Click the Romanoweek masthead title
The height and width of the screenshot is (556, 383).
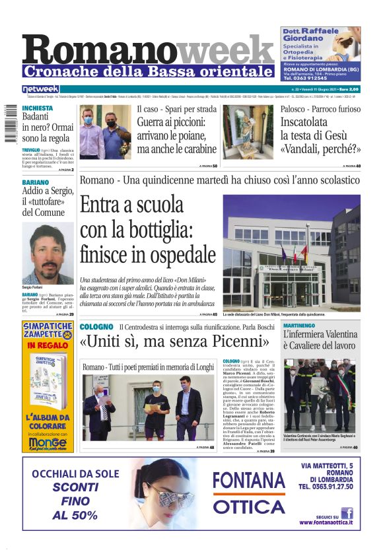148,49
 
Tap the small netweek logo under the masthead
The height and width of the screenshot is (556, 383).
41,89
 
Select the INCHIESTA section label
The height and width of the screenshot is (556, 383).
38,108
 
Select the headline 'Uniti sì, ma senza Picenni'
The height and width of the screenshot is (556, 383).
174,343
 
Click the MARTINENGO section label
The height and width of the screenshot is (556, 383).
303,326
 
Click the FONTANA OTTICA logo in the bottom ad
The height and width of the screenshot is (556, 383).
249,492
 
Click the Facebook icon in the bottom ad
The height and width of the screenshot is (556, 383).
347,512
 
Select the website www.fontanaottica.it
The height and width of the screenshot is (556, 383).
326,522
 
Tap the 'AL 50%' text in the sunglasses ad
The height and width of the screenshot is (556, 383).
75,515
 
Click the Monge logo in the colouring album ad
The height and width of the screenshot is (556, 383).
46,444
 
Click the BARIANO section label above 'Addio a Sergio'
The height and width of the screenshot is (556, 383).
36,182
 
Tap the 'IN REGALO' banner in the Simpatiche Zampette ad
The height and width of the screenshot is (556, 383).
46,345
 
